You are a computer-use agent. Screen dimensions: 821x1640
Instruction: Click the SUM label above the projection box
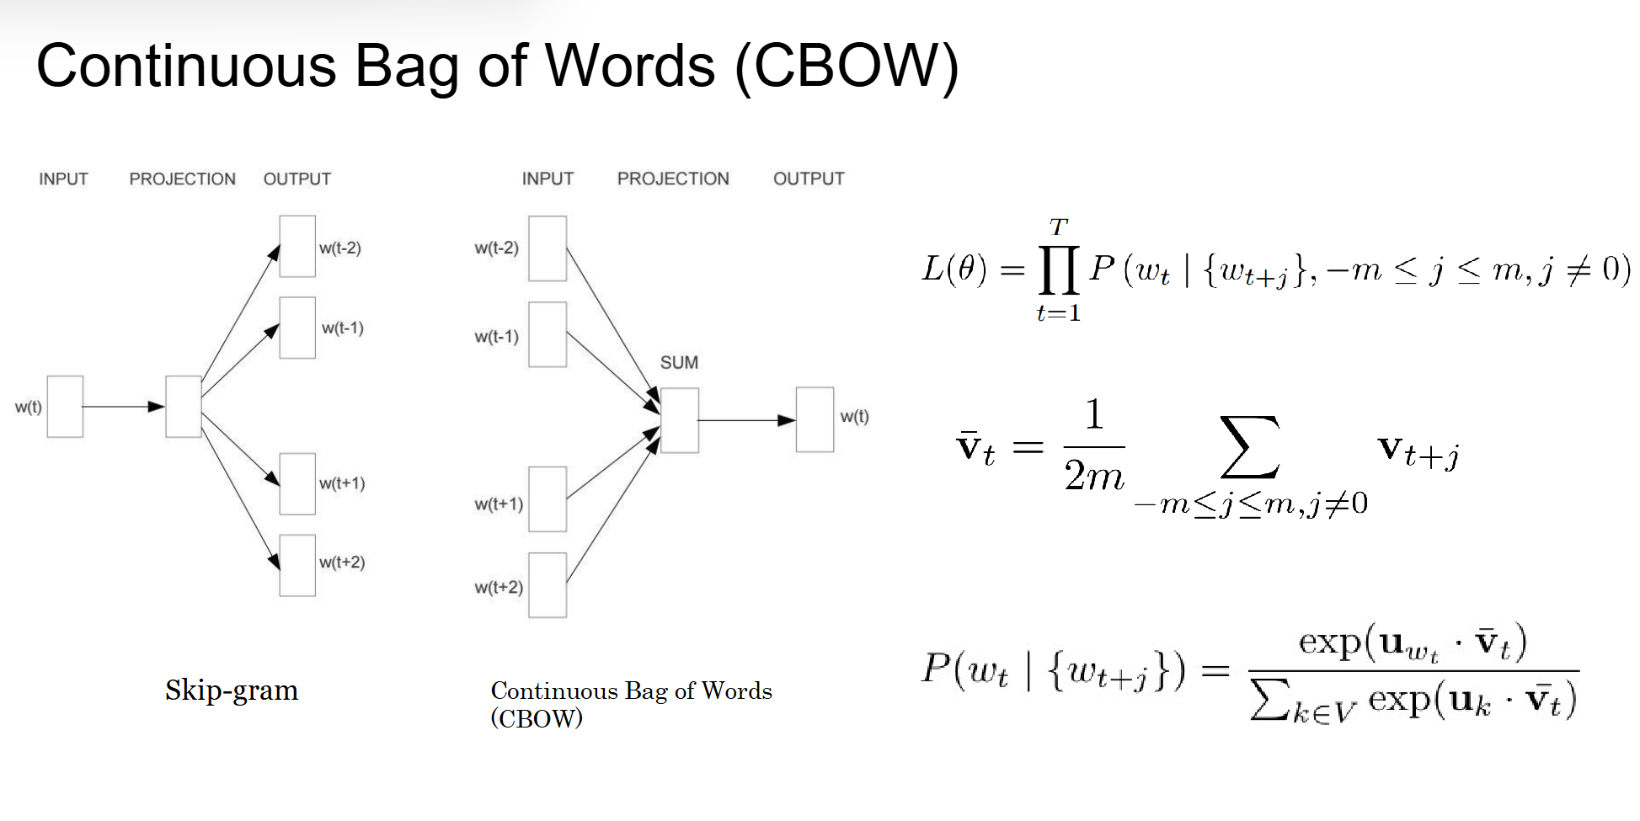[x=679, y=363]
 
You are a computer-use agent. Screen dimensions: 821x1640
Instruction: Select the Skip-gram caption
[x=232, y=690]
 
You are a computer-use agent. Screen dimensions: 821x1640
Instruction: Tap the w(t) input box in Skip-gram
[x=65, y=407]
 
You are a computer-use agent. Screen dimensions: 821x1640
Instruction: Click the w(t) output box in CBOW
[x=815, y=419]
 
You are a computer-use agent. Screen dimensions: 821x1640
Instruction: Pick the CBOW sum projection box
[x=680, y=420]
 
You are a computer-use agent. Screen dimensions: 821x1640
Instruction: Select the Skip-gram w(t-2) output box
[x=297, y=246]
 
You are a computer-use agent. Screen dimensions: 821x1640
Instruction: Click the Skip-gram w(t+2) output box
[x=297, y=565]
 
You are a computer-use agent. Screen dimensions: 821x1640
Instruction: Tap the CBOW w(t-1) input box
[x=548, y=335]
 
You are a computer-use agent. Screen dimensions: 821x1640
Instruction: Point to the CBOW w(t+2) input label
[x=499, y=587]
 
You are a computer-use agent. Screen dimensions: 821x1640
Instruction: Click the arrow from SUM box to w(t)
[x=746, y=419]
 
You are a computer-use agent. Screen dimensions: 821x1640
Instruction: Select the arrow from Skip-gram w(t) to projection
[x=123, y=407]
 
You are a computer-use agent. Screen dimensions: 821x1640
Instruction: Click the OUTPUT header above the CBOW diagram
[x=809, y=179]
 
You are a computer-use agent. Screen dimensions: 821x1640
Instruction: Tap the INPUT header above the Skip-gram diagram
[x=63, y=179]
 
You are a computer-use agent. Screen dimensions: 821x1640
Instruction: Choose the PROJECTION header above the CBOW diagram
[x=673, y=179]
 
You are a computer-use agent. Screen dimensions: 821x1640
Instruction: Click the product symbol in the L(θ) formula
[x=1059, y=269]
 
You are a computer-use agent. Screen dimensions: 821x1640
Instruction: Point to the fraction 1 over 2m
[x=1093, y=447]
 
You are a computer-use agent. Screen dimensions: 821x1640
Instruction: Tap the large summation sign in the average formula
[x=1250, y=447]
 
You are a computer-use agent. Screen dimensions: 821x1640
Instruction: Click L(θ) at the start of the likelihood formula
[x=954, y=269]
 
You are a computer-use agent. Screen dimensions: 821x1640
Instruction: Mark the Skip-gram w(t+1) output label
[x=342, y=483]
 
